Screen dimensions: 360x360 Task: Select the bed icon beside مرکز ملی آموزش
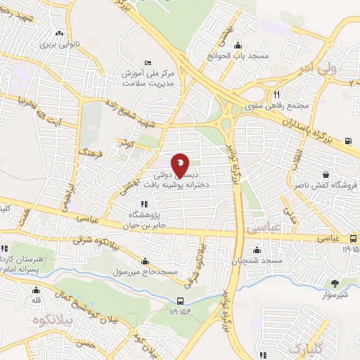click(146, 61)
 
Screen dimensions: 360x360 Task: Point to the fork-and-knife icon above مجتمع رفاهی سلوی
click(277, 94)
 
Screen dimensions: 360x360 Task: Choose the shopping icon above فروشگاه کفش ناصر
click(326, 174)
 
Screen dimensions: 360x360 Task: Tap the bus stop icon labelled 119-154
click(181, 302)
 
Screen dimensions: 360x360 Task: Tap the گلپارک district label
click(288, 348)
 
